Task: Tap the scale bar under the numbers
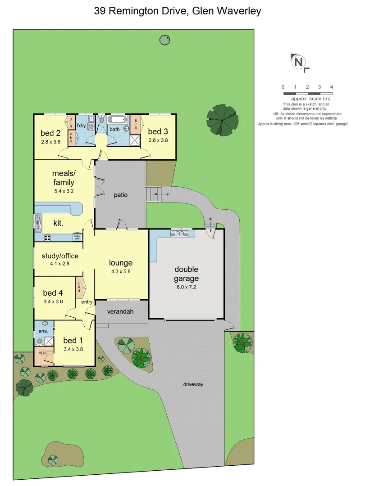coord(307,94)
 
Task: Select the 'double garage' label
coord(186,274)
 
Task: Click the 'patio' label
coord(121,195)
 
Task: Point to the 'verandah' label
coord(120,311)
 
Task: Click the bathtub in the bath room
coord(118,120)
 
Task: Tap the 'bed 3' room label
coord(158,131)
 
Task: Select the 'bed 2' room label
coord(50,133)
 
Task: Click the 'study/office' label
coord(60,256)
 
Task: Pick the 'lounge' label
coord(121,263)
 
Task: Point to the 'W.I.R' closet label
coord(43,353)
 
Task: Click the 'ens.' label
coord(43,331)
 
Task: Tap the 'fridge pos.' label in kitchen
coord(78,237)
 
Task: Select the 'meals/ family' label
coord(64,178)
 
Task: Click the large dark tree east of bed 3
coord(223,119)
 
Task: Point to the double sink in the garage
coord(179,234)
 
